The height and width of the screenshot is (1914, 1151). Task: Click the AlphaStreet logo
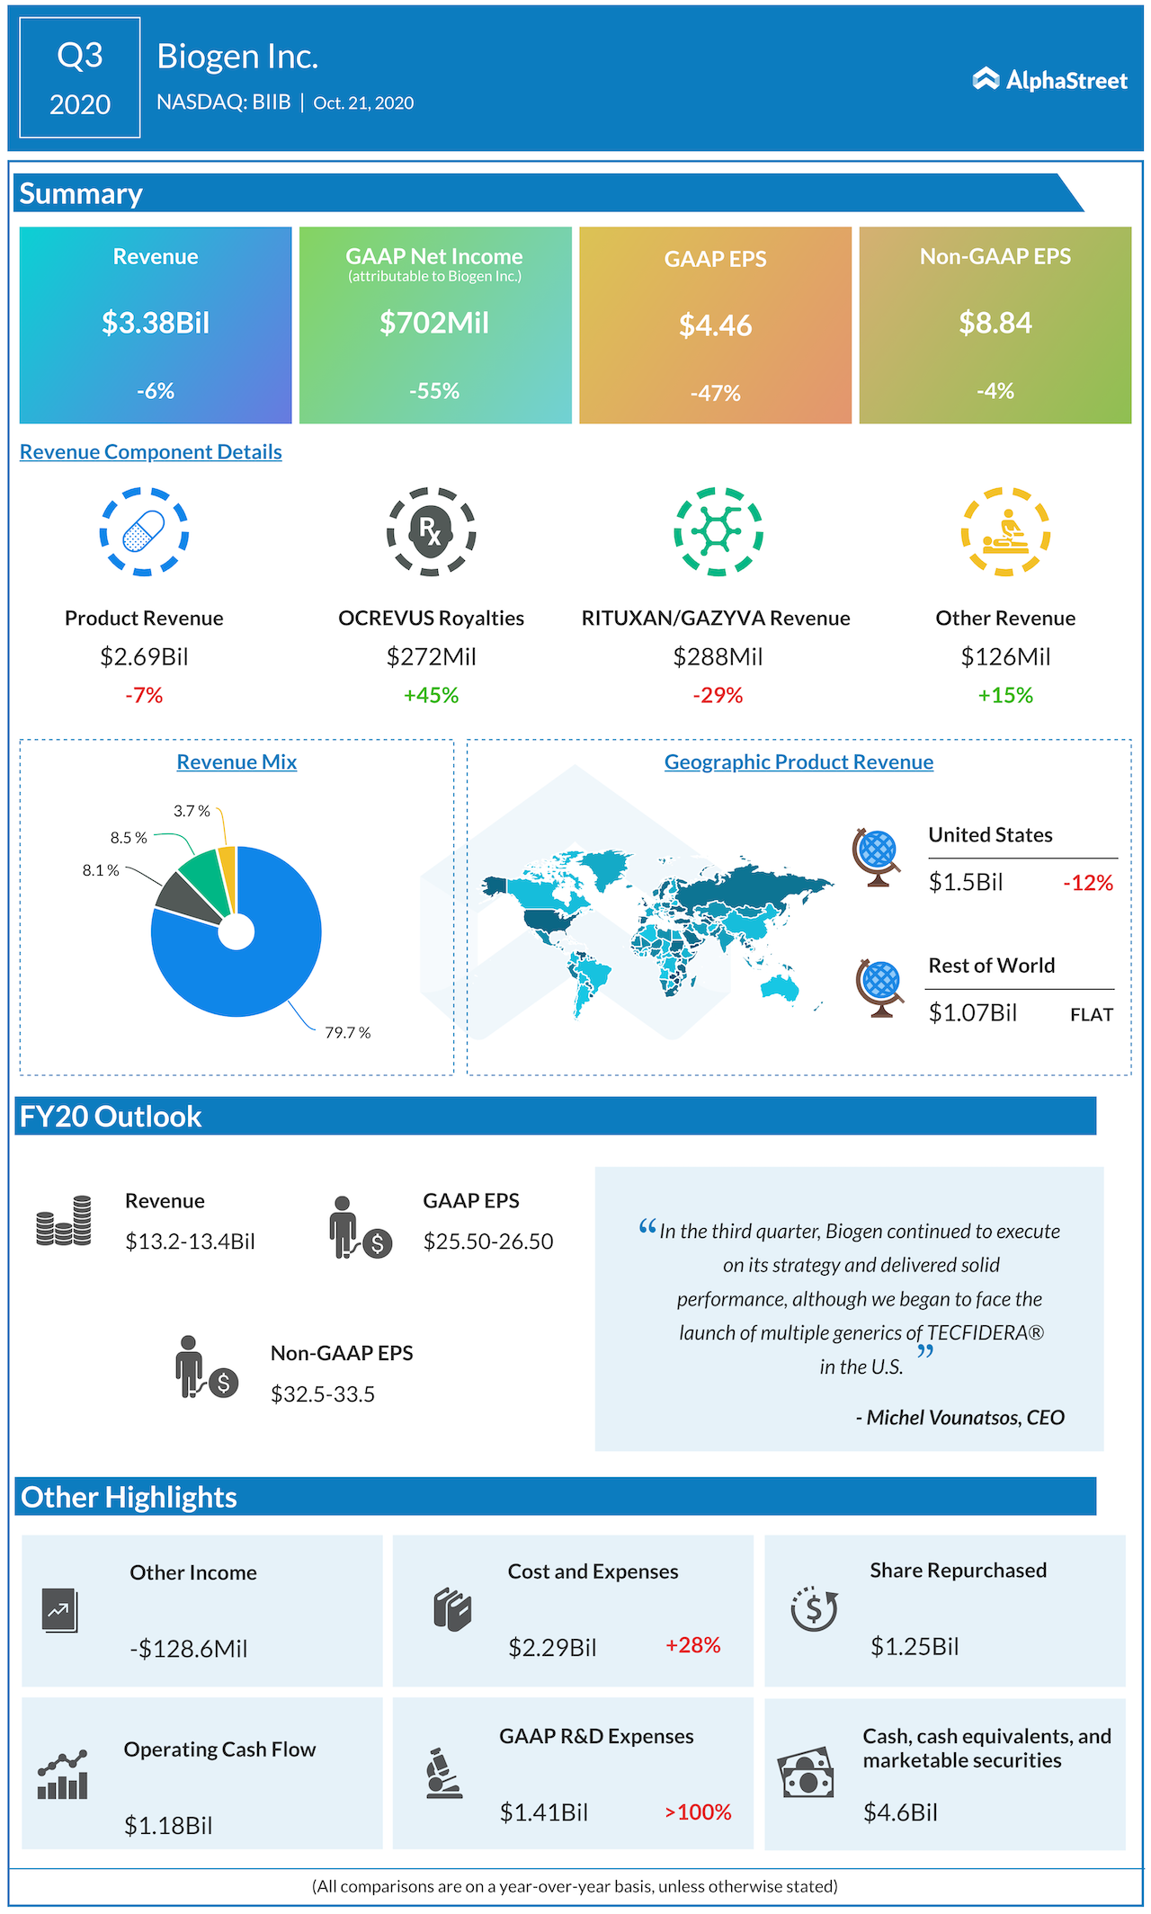click(1049, 80)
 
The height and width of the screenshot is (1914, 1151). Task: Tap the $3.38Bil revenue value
click(156, 323)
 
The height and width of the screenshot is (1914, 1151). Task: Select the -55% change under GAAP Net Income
click(434, 391)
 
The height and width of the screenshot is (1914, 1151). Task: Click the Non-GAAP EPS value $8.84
click(995, 323)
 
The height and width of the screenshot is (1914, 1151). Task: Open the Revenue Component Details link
click(151, 452)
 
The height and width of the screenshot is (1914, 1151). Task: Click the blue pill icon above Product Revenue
click(144, 531)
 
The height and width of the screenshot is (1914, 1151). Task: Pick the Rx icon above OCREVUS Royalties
click(431, 531)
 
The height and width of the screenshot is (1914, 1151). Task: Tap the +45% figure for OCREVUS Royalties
click(431, 695)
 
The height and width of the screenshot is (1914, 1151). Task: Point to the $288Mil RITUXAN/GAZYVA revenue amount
click(718, 657)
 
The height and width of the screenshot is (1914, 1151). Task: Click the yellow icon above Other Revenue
click(1005, 531)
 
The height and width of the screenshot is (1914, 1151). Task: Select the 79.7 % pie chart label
click(347, 1033)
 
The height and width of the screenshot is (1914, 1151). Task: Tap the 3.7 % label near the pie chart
click(192, 811)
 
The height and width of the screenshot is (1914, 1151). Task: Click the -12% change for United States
click(1088, 883)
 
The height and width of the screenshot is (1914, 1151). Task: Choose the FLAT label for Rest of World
click(1092, 1015)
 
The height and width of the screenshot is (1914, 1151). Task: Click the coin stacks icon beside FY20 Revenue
click(64, 1221)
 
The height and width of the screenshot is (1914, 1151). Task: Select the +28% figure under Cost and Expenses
click(692, 1645)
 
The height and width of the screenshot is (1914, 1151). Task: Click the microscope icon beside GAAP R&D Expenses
click(443, 1773)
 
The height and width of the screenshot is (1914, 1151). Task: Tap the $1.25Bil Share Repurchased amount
click(915, 1646)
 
